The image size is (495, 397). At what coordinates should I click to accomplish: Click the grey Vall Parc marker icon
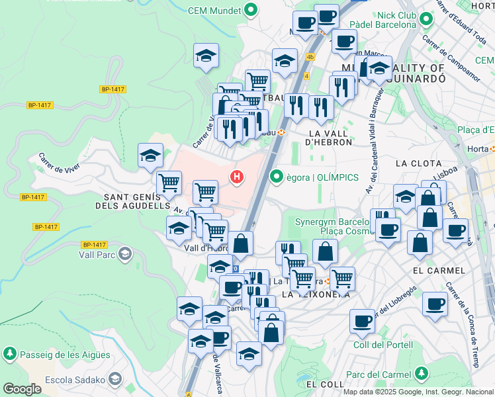pyautogui.click(x=125, y=253)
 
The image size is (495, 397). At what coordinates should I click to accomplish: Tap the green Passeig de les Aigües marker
pyautogui.click(x=10, y=355)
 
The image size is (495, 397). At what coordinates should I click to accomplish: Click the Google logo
pyautogui.click(x=22, y=389)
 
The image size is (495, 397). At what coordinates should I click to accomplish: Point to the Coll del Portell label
pyautogui.click(x=383, y=345)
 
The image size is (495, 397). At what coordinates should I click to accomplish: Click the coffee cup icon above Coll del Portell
pyautogui.click(x=362, y=320)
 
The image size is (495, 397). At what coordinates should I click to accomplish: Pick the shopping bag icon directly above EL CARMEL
pyautogui.click(x=420, y=242)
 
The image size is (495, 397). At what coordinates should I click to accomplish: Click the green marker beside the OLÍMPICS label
pyautogui.click(x=277, y=177)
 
